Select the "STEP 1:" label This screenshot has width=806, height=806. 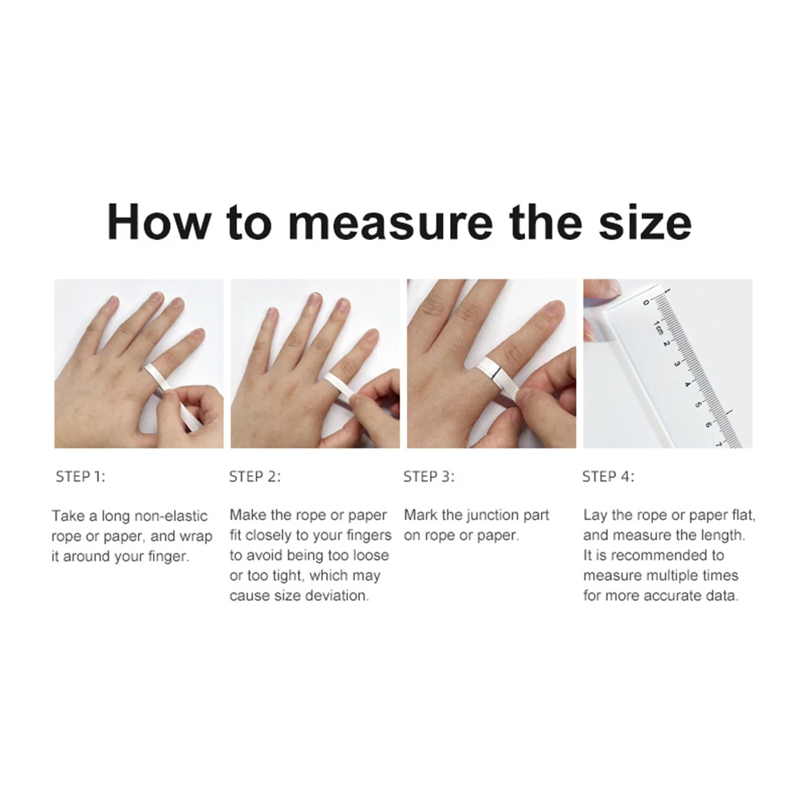pos(80,477)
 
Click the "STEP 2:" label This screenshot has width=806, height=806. pos(255,477)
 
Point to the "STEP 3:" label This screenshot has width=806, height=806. pos(429,477)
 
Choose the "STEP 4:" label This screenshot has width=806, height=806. pos(608,477)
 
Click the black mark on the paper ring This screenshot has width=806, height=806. pos(496,370)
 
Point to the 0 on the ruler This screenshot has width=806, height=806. pos(647,303)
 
